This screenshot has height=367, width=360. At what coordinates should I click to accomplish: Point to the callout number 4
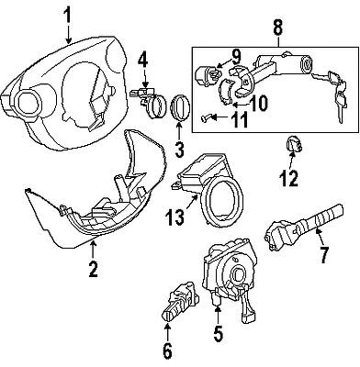pos(141,64)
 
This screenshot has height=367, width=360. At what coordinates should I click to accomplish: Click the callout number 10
pos(259,103)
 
